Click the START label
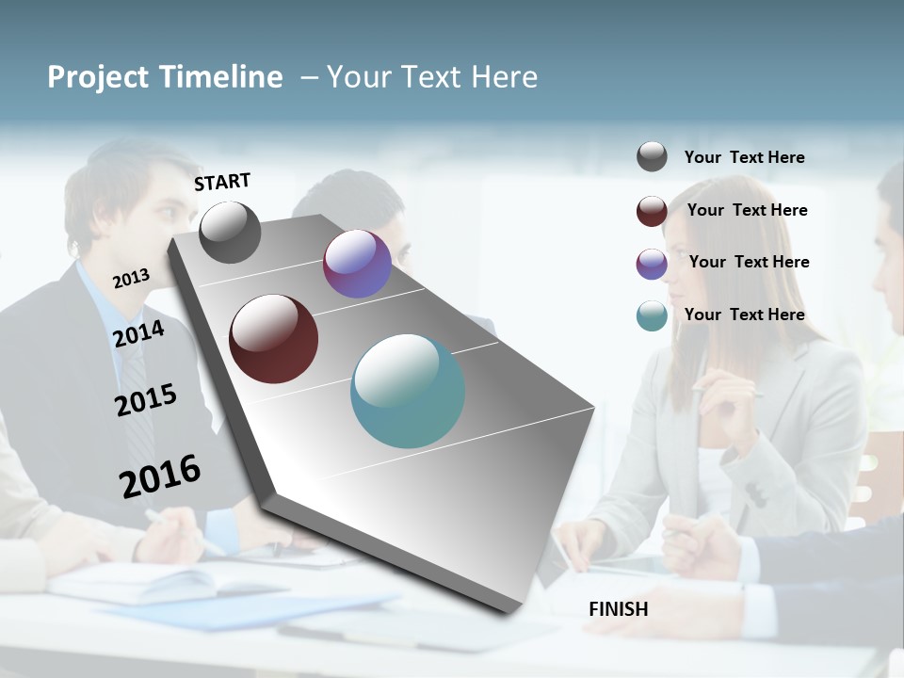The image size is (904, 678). click(x=222, y=182)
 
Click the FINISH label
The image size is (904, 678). click(x=618, y=609)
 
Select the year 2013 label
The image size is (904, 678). click(x=131, y=278)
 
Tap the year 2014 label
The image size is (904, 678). click(x=138, y=333)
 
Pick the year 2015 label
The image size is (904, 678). click(x=146, y=399)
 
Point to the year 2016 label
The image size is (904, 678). click(x=160, y=476)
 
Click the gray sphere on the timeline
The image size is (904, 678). click(x=230, y=233)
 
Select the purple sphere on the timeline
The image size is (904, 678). click(x=357, y=265)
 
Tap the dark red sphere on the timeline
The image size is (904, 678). click(x=274, y=339)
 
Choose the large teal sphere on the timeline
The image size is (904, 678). click(x=408, y=391)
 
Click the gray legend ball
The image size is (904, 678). click(x=652, y=157)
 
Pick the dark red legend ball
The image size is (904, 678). click(x=652, y=211)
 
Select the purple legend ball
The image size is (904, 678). click(x=652, y=264)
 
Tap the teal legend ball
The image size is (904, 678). click(x=652, y=315)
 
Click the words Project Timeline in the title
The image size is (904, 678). click(x=165, y=77)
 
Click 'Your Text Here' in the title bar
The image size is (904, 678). click(x=431, y=77)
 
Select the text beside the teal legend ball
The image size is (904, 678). click(x=744, y=315)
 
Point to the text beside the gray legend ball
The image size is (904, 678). click(x=744, y=157)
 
